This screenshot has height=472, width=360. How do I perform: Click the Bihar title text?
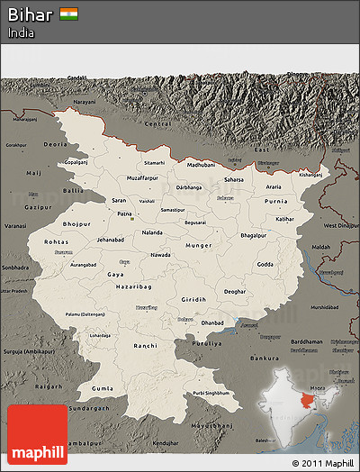(31, 14)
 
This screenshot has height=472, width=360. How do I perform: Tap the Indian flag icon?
(69, 14)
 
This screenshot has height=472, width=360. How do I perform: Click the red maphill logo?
(37, 434)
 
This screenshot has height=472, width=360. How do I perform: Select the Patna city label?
(125, 213)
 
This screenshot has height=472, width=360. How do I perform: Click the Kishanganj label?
(310, 175)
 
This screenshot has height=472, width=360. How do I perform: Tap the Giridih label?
(193, 299)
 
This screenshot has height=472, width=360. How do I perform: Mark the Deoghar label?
(235, 292)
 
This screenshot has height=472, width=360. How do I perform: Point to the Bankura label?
(265, 359)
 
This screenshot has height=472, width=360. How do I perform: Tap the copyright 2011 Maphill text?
(322, 463)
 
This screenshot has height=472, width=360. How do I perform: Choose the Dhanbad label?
(213, 322)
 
